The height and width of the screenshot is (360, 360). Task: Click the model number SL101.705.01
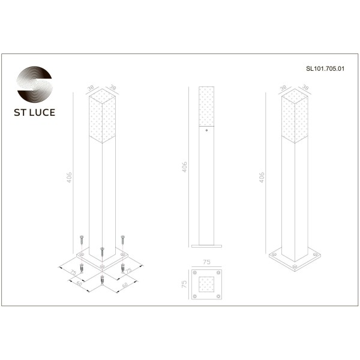point(325,70)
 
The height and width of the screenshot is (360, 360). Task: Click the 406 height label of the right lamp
point(261,177)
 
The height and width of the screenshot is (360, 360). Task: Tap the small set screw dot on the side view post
point(206,130)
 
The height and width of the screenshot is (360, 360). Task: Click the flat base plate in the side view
point(206,245)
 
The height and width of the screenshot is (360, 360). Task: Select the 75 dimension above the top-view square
point(206,262)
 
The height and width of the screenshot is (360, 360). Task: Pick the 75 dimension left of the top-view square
point(185,284)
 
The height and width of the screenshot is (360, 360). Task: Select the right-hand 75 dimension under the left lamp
point(128,271)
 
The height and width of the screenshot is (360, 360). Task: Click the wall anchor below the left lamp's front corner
point(103,280)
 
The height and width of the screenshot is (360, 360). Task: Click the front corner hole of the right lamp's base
point(294,263)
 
